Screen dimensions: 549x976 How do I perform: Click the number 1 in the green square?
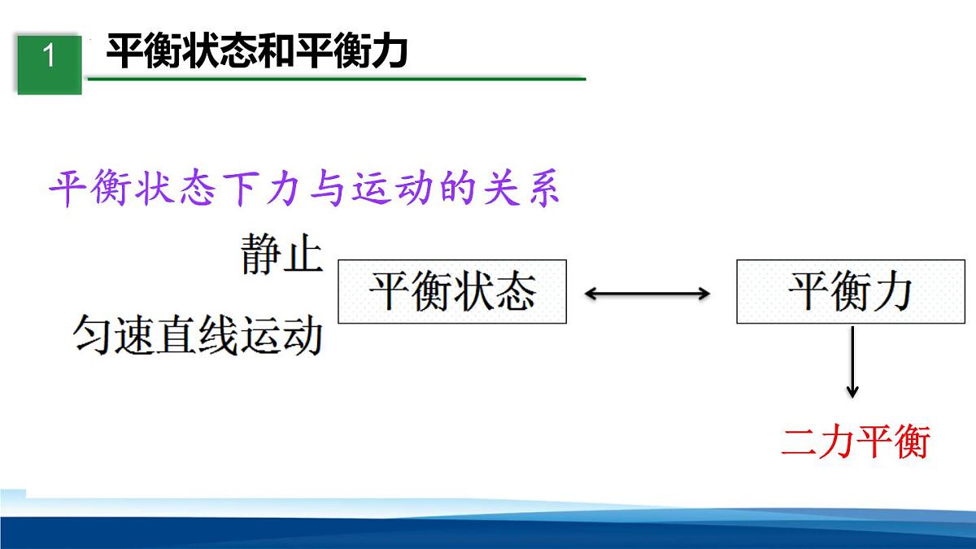pos(49,57)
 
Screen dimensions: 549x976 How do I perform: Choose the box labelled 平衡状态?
pos(451,291)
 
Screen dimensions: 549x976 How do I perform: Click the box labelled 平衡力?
pos(850,291)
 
